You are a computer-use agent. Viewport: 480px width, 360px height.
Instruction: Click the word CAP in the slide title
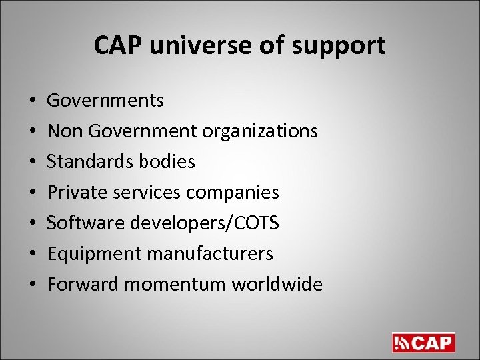[x=116, y=45]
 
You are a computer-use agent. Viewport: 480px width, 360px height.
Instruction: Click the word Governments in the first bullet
[x=105, y=101]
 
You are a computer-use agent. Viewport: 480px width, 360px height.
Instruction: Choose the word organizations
[x=259, y=131]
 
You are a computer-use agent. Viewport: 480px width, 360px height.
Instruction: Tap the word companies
[x=232, y=193]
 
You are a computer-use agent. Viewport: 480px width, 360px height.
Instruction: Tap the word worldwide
[x=277, y=284]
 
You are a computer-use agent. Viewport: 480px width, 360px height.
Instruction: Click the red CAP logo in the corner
[x=423, y=341]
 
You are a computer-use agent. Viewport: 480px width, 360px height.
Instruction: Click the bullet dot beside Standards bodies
[x=33, y=162]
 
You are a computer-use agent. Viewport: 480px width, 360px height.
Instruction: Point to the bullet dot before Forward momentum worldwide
[x=33, y=285]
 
